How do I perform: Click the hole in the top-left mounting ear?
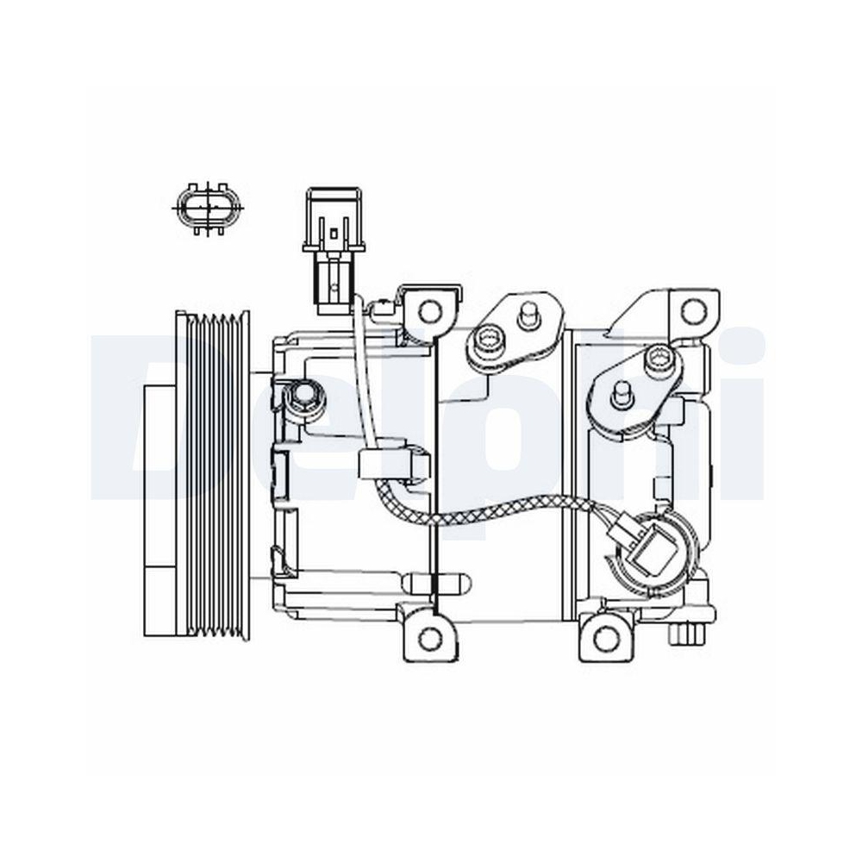(x=428, y=308)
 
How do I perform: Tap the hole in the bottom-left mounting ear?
(x=428, y=639)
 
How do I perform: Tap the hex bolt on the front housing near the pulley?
(x=303, y=398)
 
